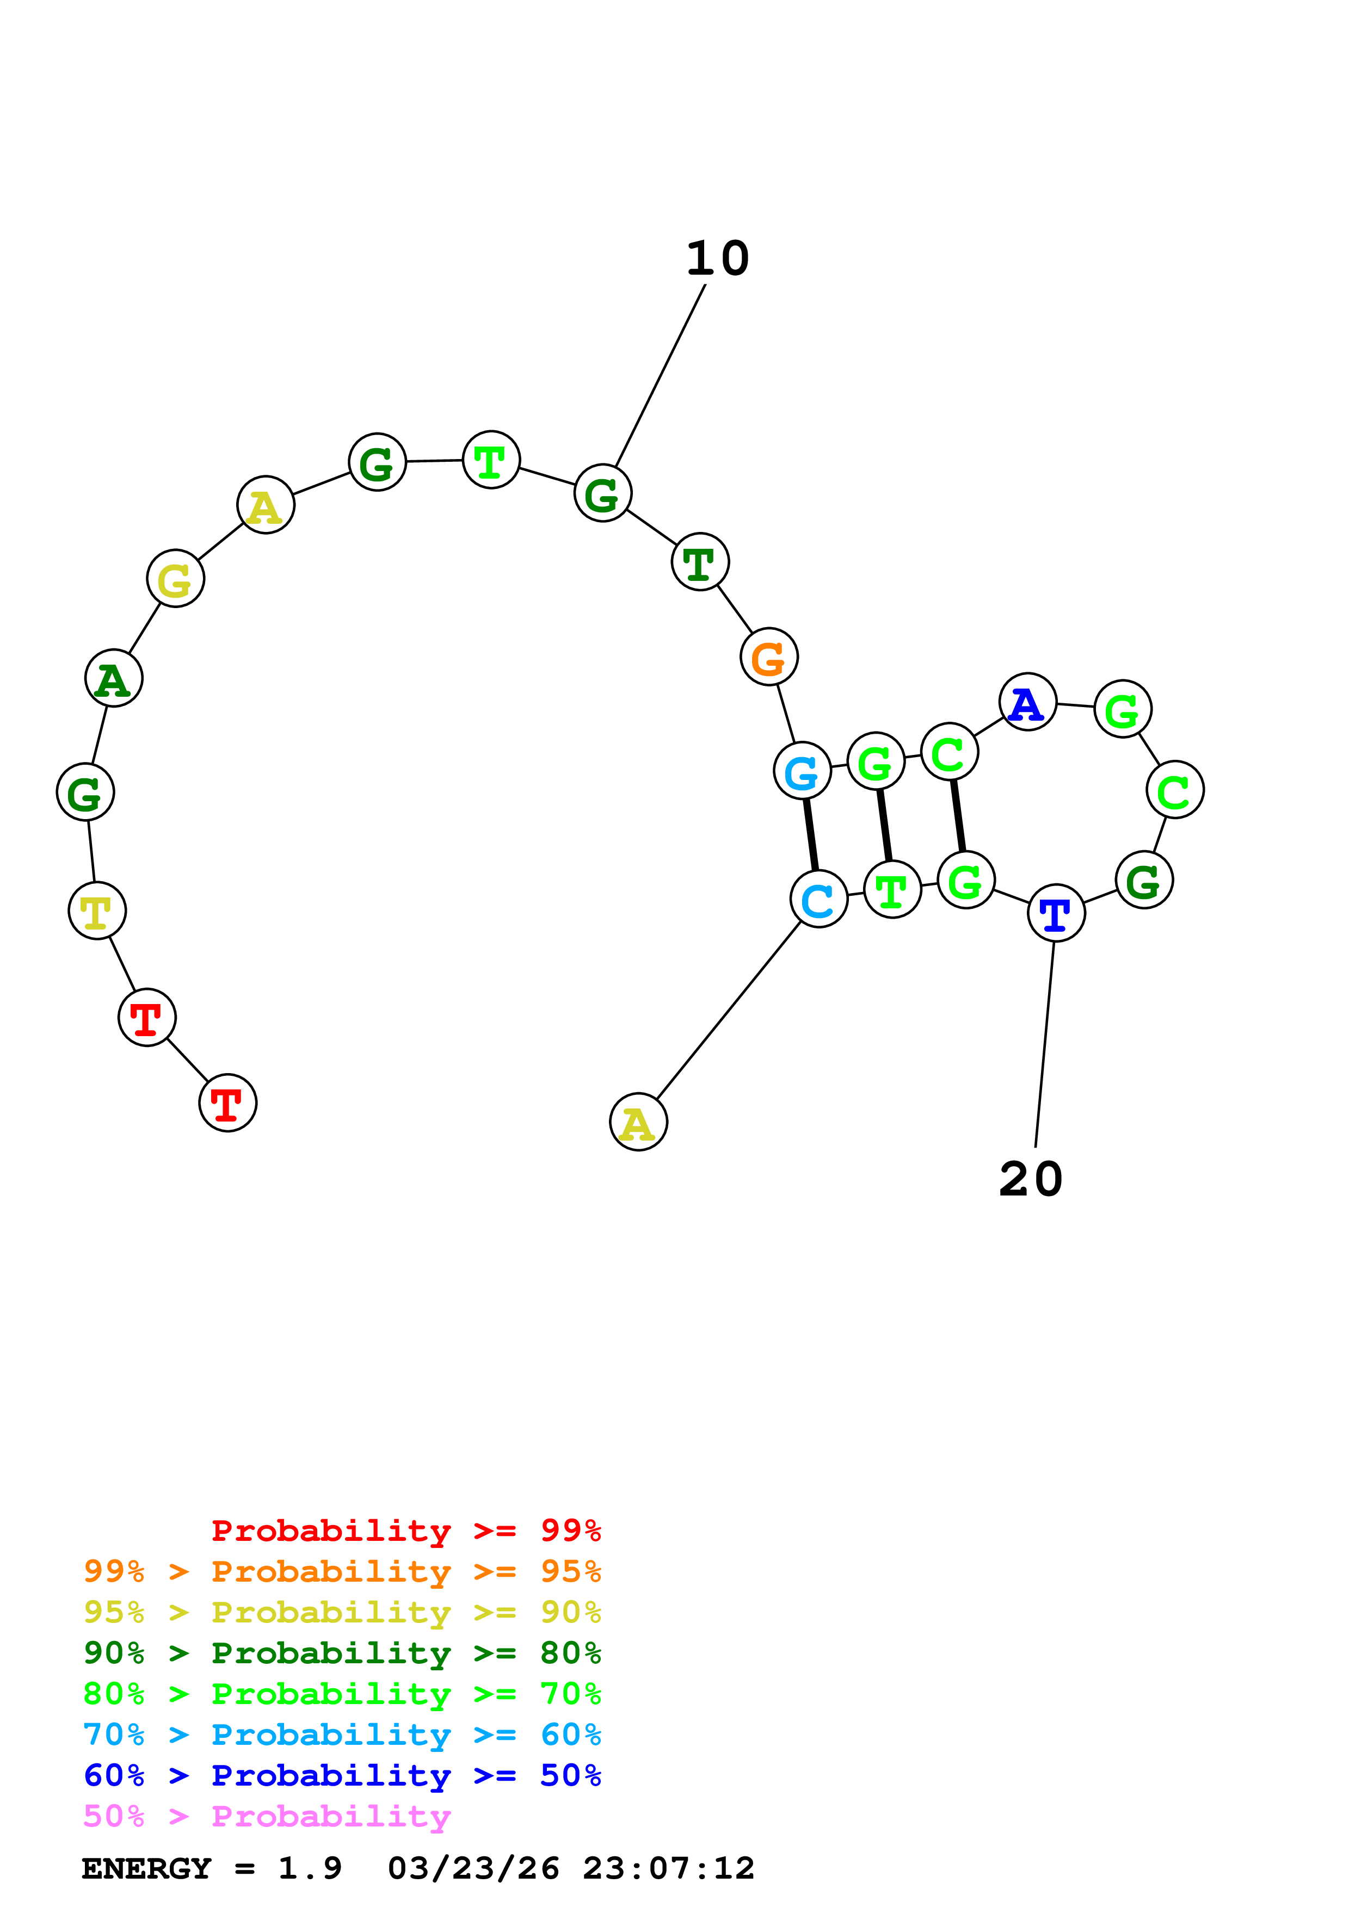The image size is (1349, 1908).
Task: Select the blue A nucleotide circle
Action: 1027,702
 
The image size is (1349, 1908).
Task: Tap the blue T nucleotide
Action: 1056,913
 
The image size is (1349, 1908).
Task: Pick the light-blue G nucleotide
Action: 802,771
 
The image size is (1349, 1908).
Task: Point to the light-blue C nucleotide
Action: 819,899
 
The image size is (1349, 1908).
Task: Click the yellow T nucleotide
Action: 97,911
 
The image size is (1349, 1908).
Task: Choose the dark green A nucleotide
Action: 114,678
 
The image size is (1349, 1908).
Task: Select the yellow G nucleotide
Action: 175,578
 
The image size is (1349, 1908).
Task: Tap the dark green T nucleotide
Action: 700,562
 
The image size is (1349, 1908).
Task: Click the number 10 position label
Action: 717,258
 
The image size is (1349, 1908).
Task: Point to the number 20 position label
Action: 1031,1179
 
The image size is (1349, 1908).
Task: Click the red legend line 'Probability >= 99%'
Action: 405,1531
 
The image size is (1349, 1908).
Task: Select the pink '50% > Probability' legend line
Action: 267,1817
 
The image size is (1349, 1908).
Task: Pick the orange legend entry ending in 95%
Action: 342,1571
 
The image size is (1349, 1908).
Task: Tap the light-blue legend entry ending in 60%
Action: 342,1735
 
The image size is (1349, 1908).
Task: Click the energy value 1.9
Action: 310,1869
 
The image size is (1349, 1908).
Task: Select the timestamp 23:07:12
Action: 668,1869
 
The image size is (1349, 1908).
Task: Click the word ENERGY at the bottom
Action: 146,1869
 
